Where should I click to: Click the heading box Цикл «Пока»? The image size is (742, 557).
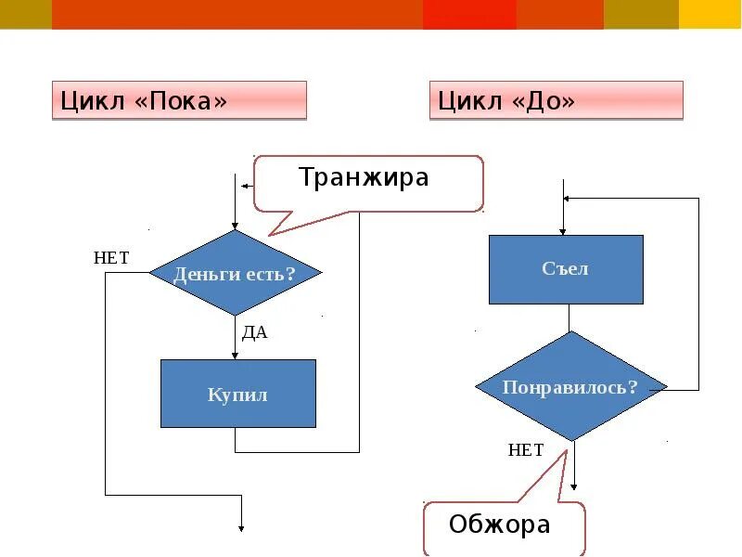[x=179, y=100]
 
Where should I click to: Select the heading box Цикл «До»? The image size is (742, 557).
[x=556, y=100]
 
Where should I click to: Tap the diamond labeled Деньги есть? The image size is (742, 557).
[x=235, y=274]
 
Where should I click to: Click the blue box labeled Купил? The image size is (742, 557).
[x=237, y=394]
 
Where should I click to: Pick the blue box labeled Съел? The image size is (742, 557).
[x=566, y=269]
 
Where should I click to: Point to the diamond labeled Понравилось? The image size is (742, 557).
[x=571, y=386]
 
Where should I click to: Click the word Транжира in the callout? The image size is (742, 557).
[x=364, y=177]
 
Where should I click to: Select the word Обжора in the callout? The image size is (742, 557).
[x=499, y=525]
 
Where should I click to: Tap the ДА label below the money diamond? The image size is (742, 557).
[x=254, y=332]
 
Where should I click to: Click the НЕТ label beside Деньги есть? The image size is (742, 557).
[x=111, y=258]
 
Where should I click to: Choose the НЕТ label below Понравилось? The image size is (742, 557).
[x=526, y=450]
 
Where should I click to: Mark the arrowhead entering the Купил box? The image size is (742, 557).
[x=235, y=355]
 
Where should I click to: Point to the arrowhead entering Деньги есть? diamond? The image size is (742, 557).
[x=235, y=226]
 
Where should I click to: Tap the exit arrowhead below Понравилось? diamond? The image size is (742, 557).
[x=574, y=486]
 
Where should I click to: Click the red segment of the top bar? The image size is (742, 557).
[x=469, y=14]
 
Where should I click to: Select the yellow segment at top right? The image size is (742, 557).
[x=710, y=14]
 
